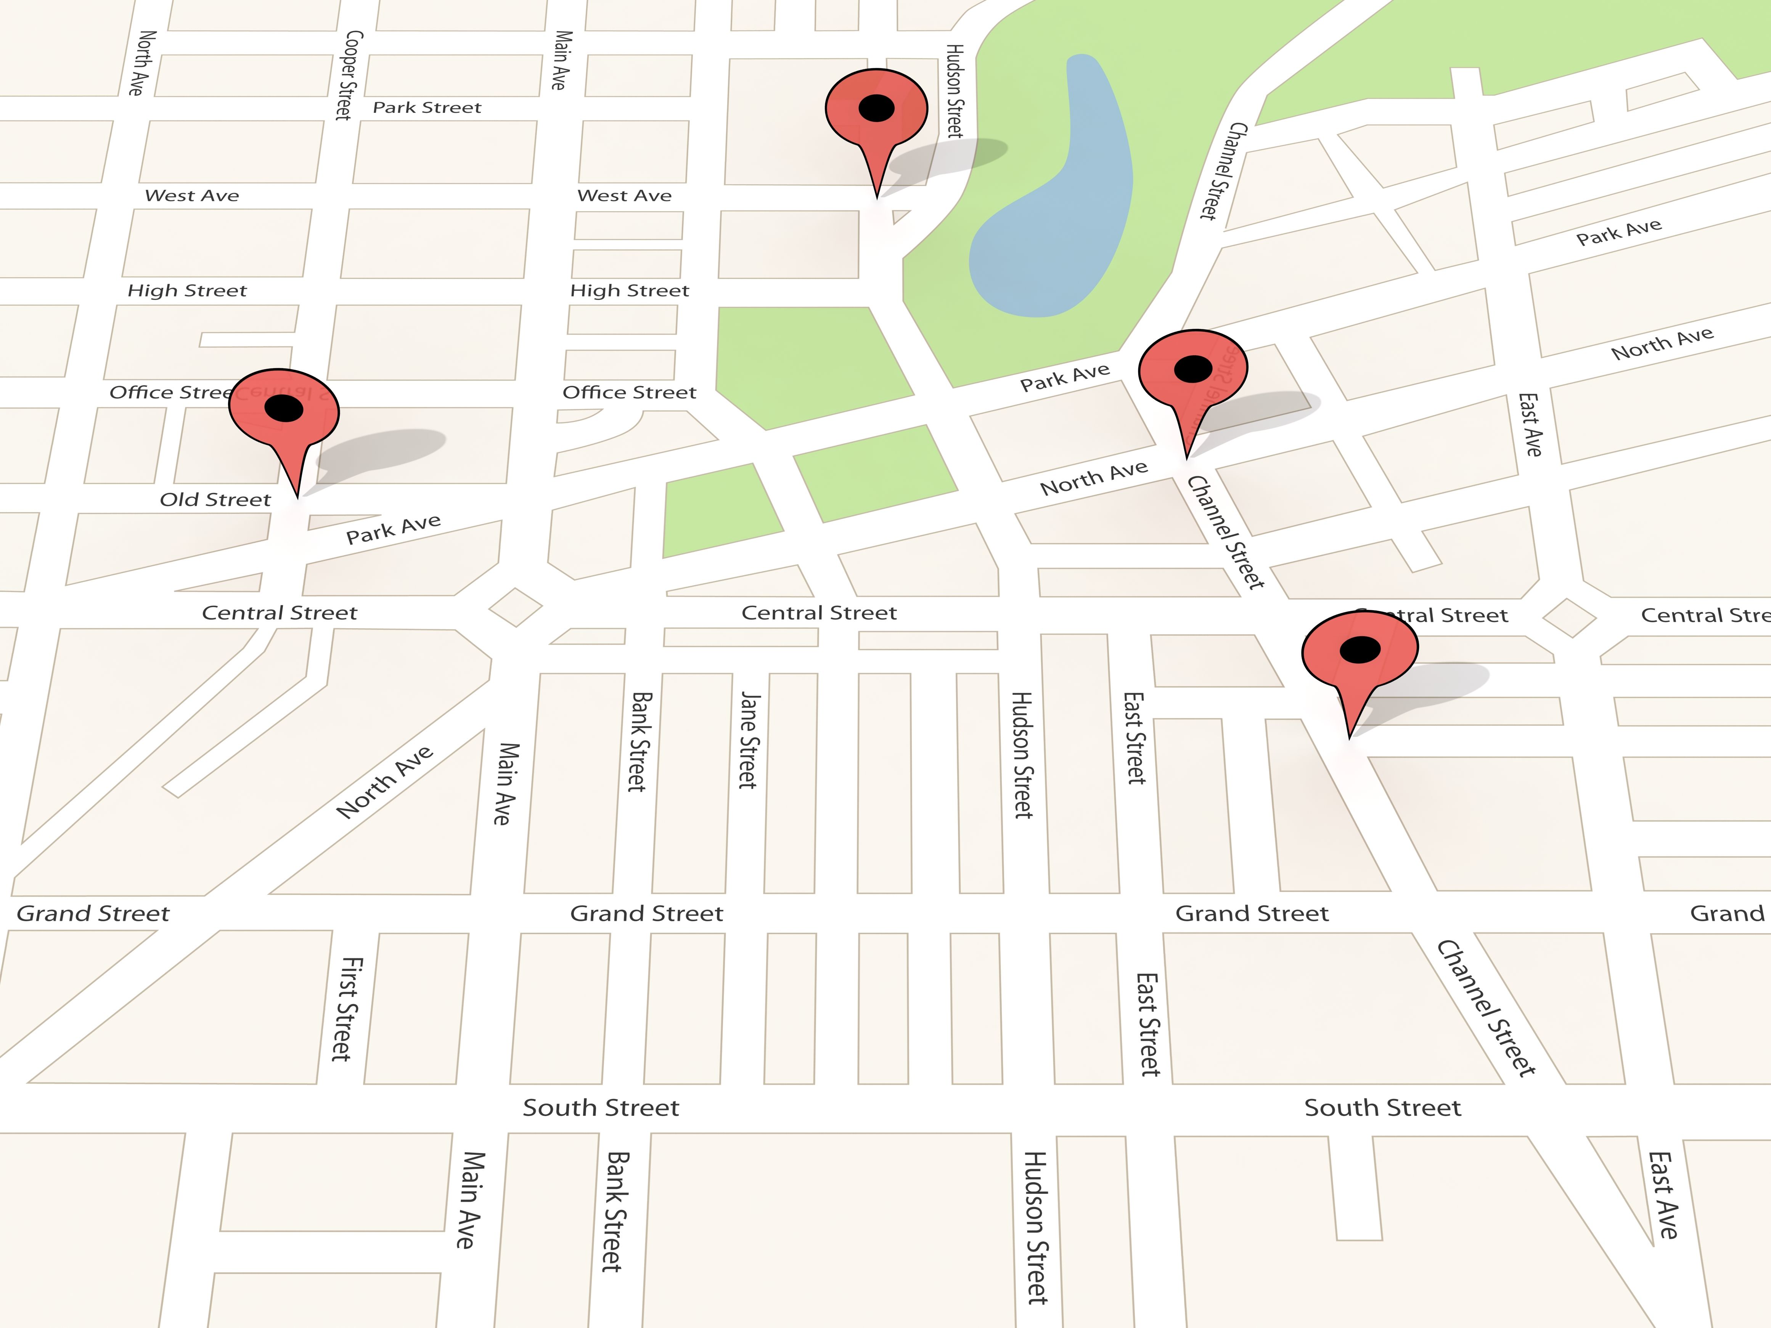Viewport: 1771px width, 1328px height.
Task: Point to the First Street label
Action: pyautogui.click(x=347, y=1009)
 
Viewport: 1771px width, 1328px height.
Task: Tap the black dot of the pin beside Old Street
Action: pyautogui.click(x=283, y=408)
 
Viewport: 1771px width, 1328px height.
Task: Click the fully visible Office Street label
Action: pyautogui.click(x=629, y=392)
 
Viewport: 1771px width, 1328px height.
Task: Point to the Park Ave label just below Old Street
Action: pyautogui.click(x=393, y=529)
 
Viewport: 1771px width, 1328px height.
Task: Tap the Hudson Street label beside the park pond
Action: pyautogui.click(x=955, y=90)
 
